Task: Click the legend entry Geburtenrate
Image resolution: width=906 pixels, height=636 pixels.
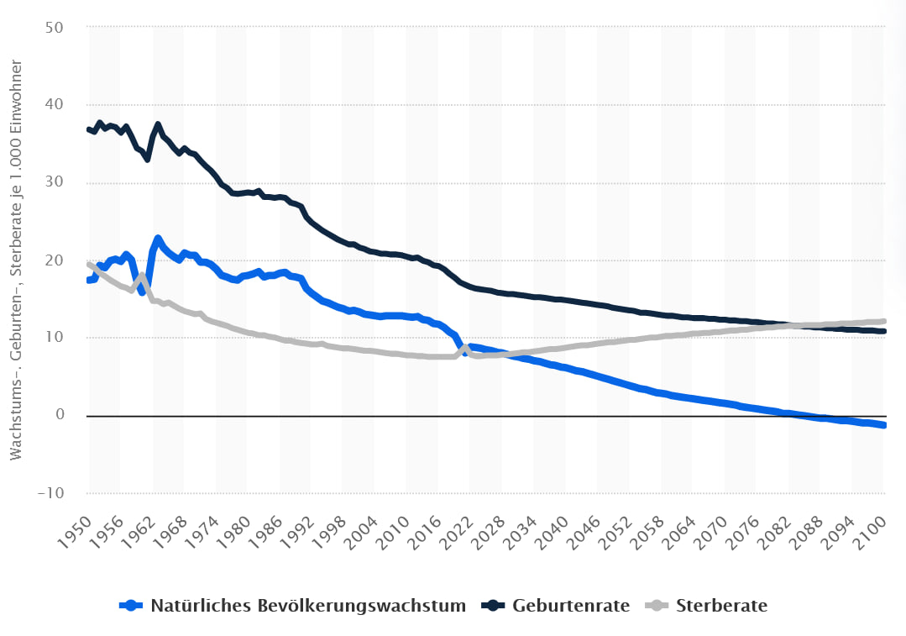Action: (x=571, y=605)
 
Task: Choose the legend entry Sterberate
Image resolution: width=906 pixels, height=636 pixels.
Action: (x=721, y=605)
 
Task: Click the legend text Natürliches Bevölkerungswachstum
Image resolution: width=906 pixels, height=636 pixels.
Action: (x=308, y=605)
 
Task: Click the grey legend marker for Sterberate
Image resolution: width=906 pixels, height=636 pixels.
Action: (x=658, y=605)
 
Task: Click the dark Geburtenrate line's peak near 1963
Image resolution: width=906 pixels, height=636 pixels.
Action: (x=157, y=124)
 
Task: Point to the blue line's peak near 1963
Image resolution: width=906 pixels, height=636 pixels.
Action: (x=158, y=239)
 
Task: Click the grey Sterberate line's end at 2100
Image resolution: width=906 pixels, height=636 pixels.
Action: (x=884, y=321)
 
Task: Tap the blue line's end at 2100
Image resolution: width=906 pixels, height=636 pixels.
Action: (x=884, y=426)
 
